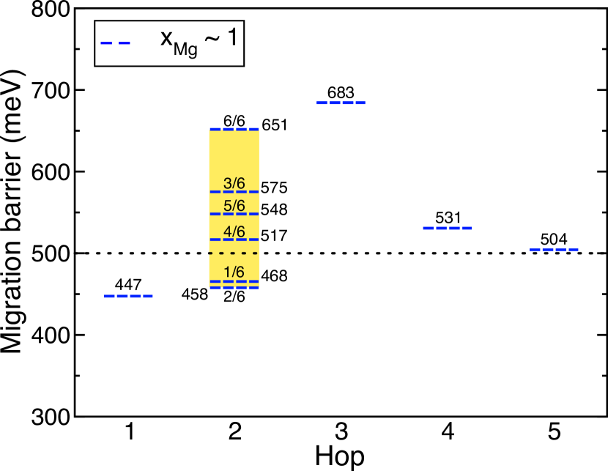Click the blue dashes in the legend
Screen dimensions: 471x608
coord(115,43)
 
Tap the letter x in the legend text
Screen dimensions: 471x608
coord(166,38)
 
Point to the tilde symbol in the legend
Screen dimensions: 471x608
coord(212,39)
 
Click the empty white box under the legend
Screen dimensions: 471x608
coord(169,84)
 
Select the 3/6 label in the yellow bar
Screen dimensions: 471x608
coord(234,183)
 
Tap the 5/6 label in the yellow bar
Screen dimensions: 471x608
coord(234,206)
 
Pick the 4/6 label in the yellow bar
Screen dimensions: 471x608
coord(234,231)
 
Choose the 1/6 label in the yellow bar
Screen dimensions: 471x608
coord(234,272)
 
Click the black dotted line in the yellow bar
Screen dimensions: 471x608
coord(234,253)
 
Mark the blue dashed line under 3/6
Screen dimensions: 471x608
coord(234,192)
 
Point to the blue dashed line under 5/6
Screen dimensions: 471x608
coord(234,214)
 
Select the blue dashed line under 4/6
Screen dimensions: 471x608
coord(234,240)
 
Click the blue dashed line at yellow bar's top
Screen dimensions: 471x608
coord(234,129)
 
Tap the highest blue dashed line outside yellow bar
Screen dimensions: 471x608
coord(341,103)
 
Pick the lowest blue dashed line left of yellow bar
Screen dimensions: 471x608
coord(128,296)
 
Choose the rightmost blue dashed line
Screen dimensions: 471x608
coord(554,250)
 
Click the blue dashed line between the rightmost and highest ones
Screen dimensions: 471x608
coord(447,229)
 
